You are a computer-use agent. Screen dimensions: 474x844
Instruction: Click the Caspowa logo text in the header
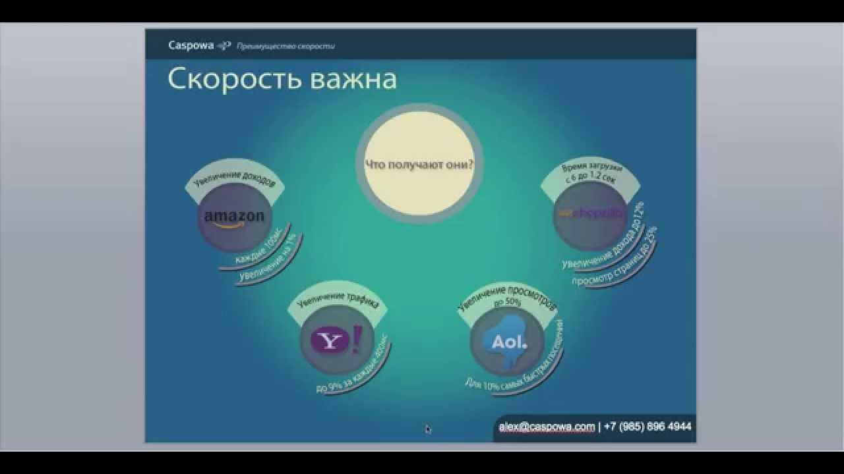[191, 45]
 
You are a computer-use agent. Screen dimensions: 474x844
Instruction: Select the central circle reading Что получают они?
[419, 165]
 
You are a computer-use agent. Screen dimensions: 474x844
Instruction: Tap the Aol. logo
[509, 342]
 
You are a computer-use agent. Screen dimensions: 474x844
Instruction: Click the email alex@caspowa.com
[547, 427]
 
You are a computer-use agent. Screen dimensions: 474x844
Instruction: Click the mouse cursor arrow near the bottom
[427, 429]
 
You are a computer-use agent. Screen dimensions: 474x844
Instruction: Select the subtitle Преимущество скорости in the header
[286, 46]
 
